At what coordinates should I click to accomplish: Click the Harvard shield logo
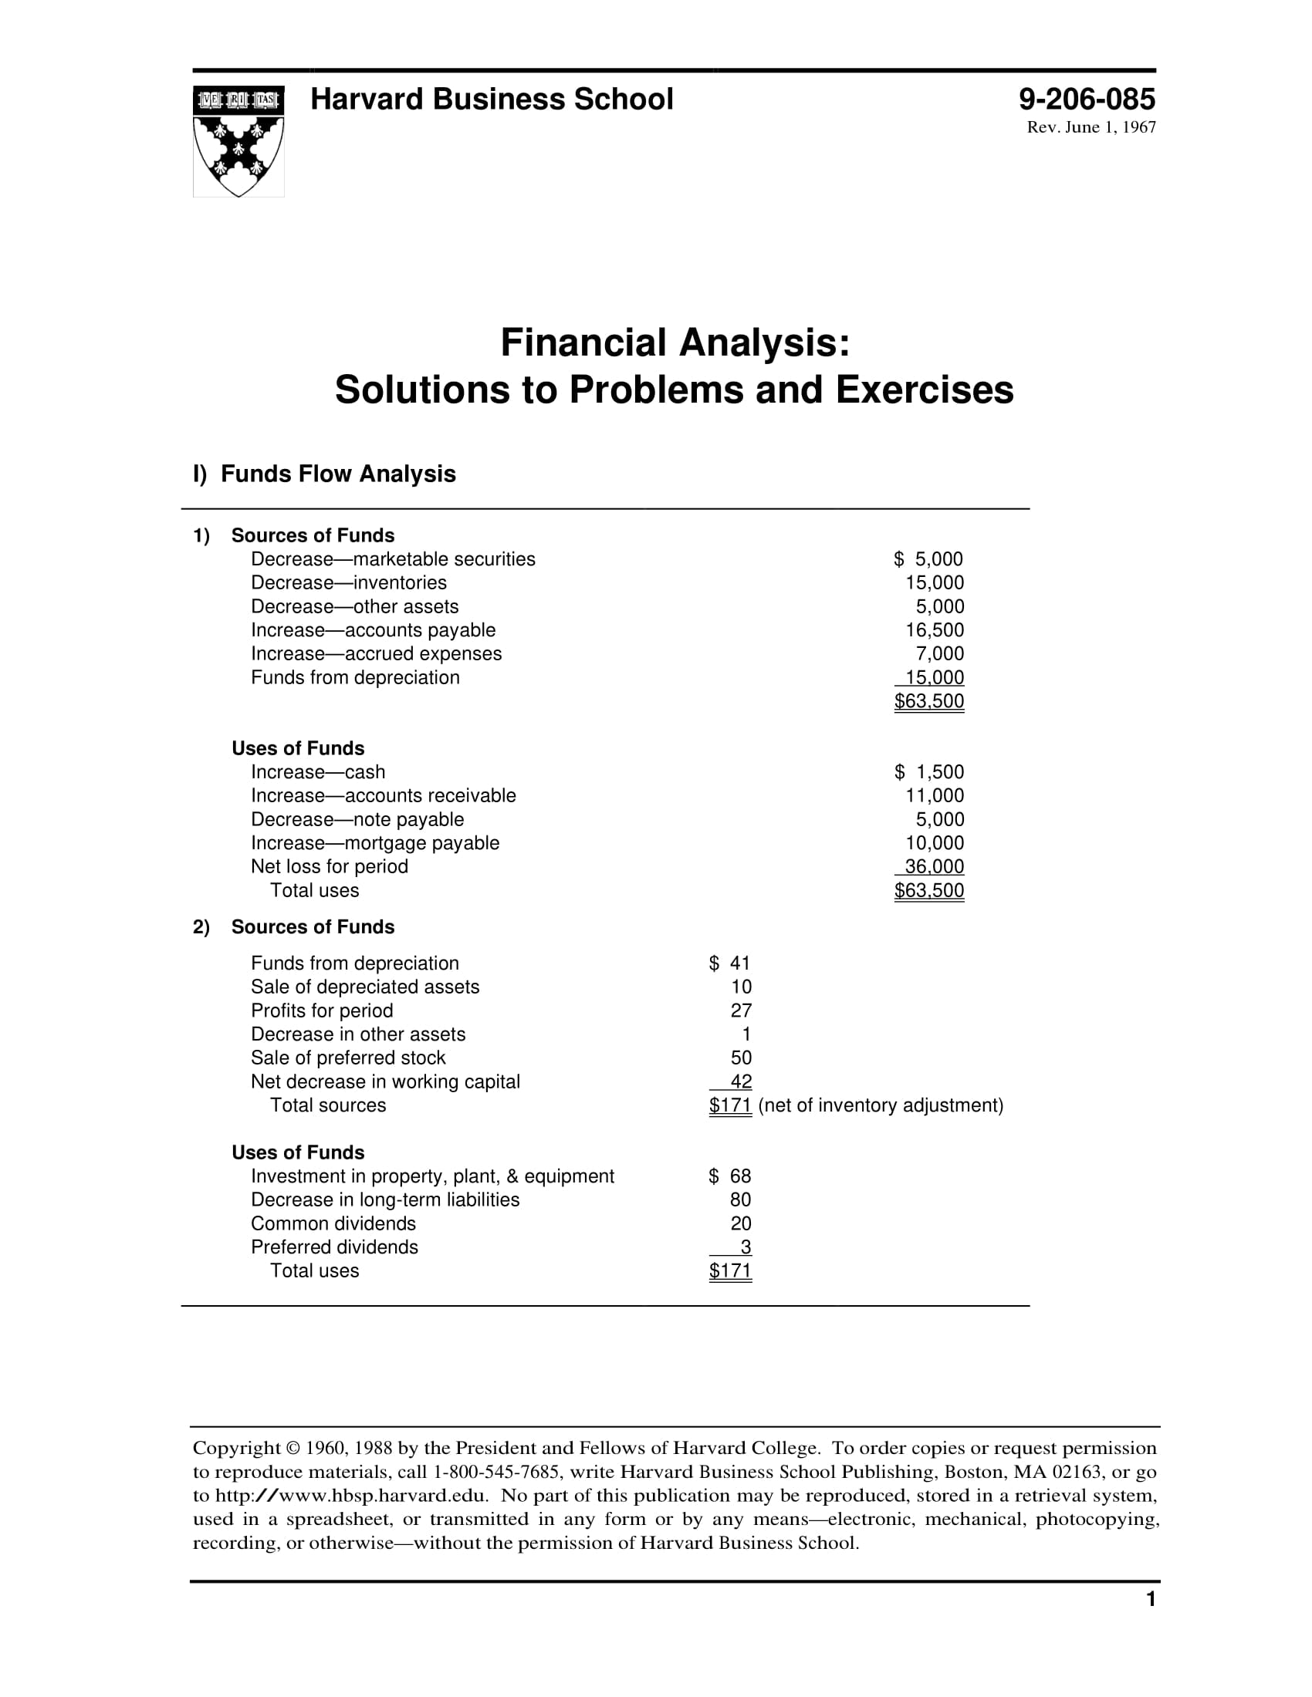pyautogui.click(x=238, y=140)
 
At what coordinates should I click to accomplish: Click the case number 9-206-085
pyautogui.click(x=1087, y=100)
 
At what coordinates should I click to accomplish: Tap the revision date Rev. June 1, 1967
pyautogui.click(x=1091, y=127)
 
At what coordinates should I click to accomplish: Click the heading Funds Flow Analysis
pyautogui.click(x=338, y=474)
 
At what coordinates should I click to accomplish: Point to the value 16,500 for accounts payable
pyautogui.click(x=935, y=630)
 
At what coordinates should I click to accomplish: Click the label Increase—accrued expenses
pyautogui.click(x=376, y=653)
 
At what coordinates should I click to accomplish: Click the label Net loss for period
pyautogui.click(x=330, y=866)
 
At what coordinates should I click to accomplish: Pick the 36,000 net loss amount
pyautogui.click(x=935, y=866)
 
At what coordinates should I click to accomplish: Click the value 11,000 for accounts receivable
pyautogui.click(x=935, y=796)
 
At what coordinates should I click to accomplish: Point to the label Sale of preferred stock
pyautogui.click(x=348, y=1058)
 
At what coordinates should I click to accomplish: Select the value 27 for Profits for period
pyautogui.click(x=741, y=1010)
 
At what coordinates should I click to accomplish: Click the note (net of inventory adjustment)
pyautogui.click(x=881, y=1105)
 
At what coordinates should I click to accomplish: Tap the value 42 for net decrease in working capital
pyautogui.click(x=741, y=1081)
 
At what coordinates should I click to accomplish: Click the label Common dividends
pyautogui.click(x=333, y=1223)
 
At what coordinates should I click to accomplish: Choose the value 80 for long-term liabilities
pyautogui.click(x=741, y=1199)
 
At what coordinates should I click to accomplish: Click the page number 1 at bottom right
pyautogui.click(x=1151, y=1599)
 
